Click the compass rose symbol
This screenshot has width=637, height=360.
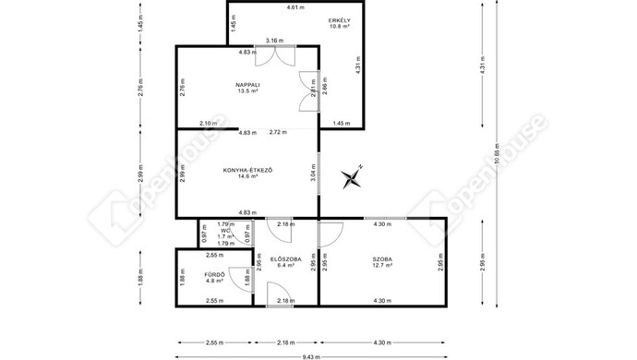tap(354, 176)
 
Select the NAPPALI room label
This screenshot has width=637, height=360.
tap(247, 85)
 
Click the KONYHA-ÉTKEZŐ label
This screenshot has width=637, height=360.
tap(246, 169)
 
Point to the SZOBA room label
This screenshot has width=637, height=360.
tap(382, 259)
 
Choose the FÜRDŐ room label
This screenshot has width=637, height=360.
tap(216, 275)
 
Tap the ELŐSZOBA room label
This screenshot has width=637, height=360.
tap(285, 259)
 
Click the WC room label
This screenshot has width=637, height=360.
tap(225, 231)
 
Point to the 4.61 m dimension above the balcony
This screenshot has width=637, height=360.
tap(295, 7)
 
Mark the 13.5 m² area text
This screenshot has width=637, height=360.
tap(247, 92)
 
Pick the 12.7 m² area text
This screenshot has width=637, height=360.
tap(382, 267)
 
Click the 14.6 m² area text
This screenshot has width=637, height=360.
tap(246, 176)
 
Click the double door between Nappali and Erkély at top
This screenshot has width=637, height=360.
tap(273, 54)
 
